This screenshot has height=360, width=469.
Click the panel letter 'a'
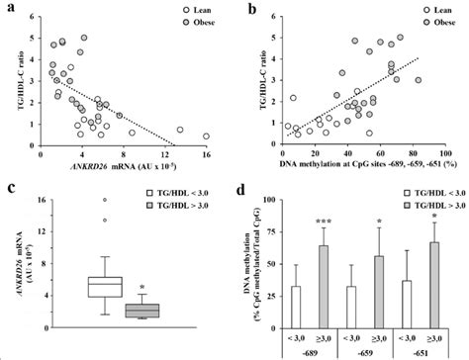(x=9, y=9)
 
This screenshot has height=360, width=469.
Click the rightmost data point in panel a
(x=206, y=136)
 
